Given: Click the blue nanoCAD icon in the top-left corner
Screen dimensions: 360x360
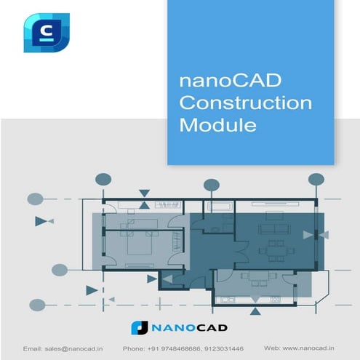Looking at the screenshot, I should [46, 32].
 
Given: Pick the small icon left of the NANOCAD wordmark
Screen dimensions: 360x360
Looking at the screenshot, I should [140, 328].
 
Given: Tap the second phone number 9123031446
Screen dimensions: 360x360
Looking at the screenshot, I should [222, 348].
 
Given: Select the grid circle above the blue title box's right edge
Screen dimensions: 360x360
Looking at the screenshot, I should [316, 179].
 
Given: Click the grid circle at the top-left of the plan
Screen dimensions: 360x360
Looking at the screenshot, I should [104, 179].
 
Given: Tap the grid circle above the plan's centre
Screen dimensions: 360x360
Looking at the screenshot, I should [211, 184].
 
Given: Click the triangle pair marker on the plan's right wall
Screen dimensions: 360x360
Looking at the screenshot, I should [315, 233].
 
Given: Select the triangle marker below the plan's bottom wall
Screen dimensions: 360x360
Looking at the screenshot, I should [255, 311].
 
